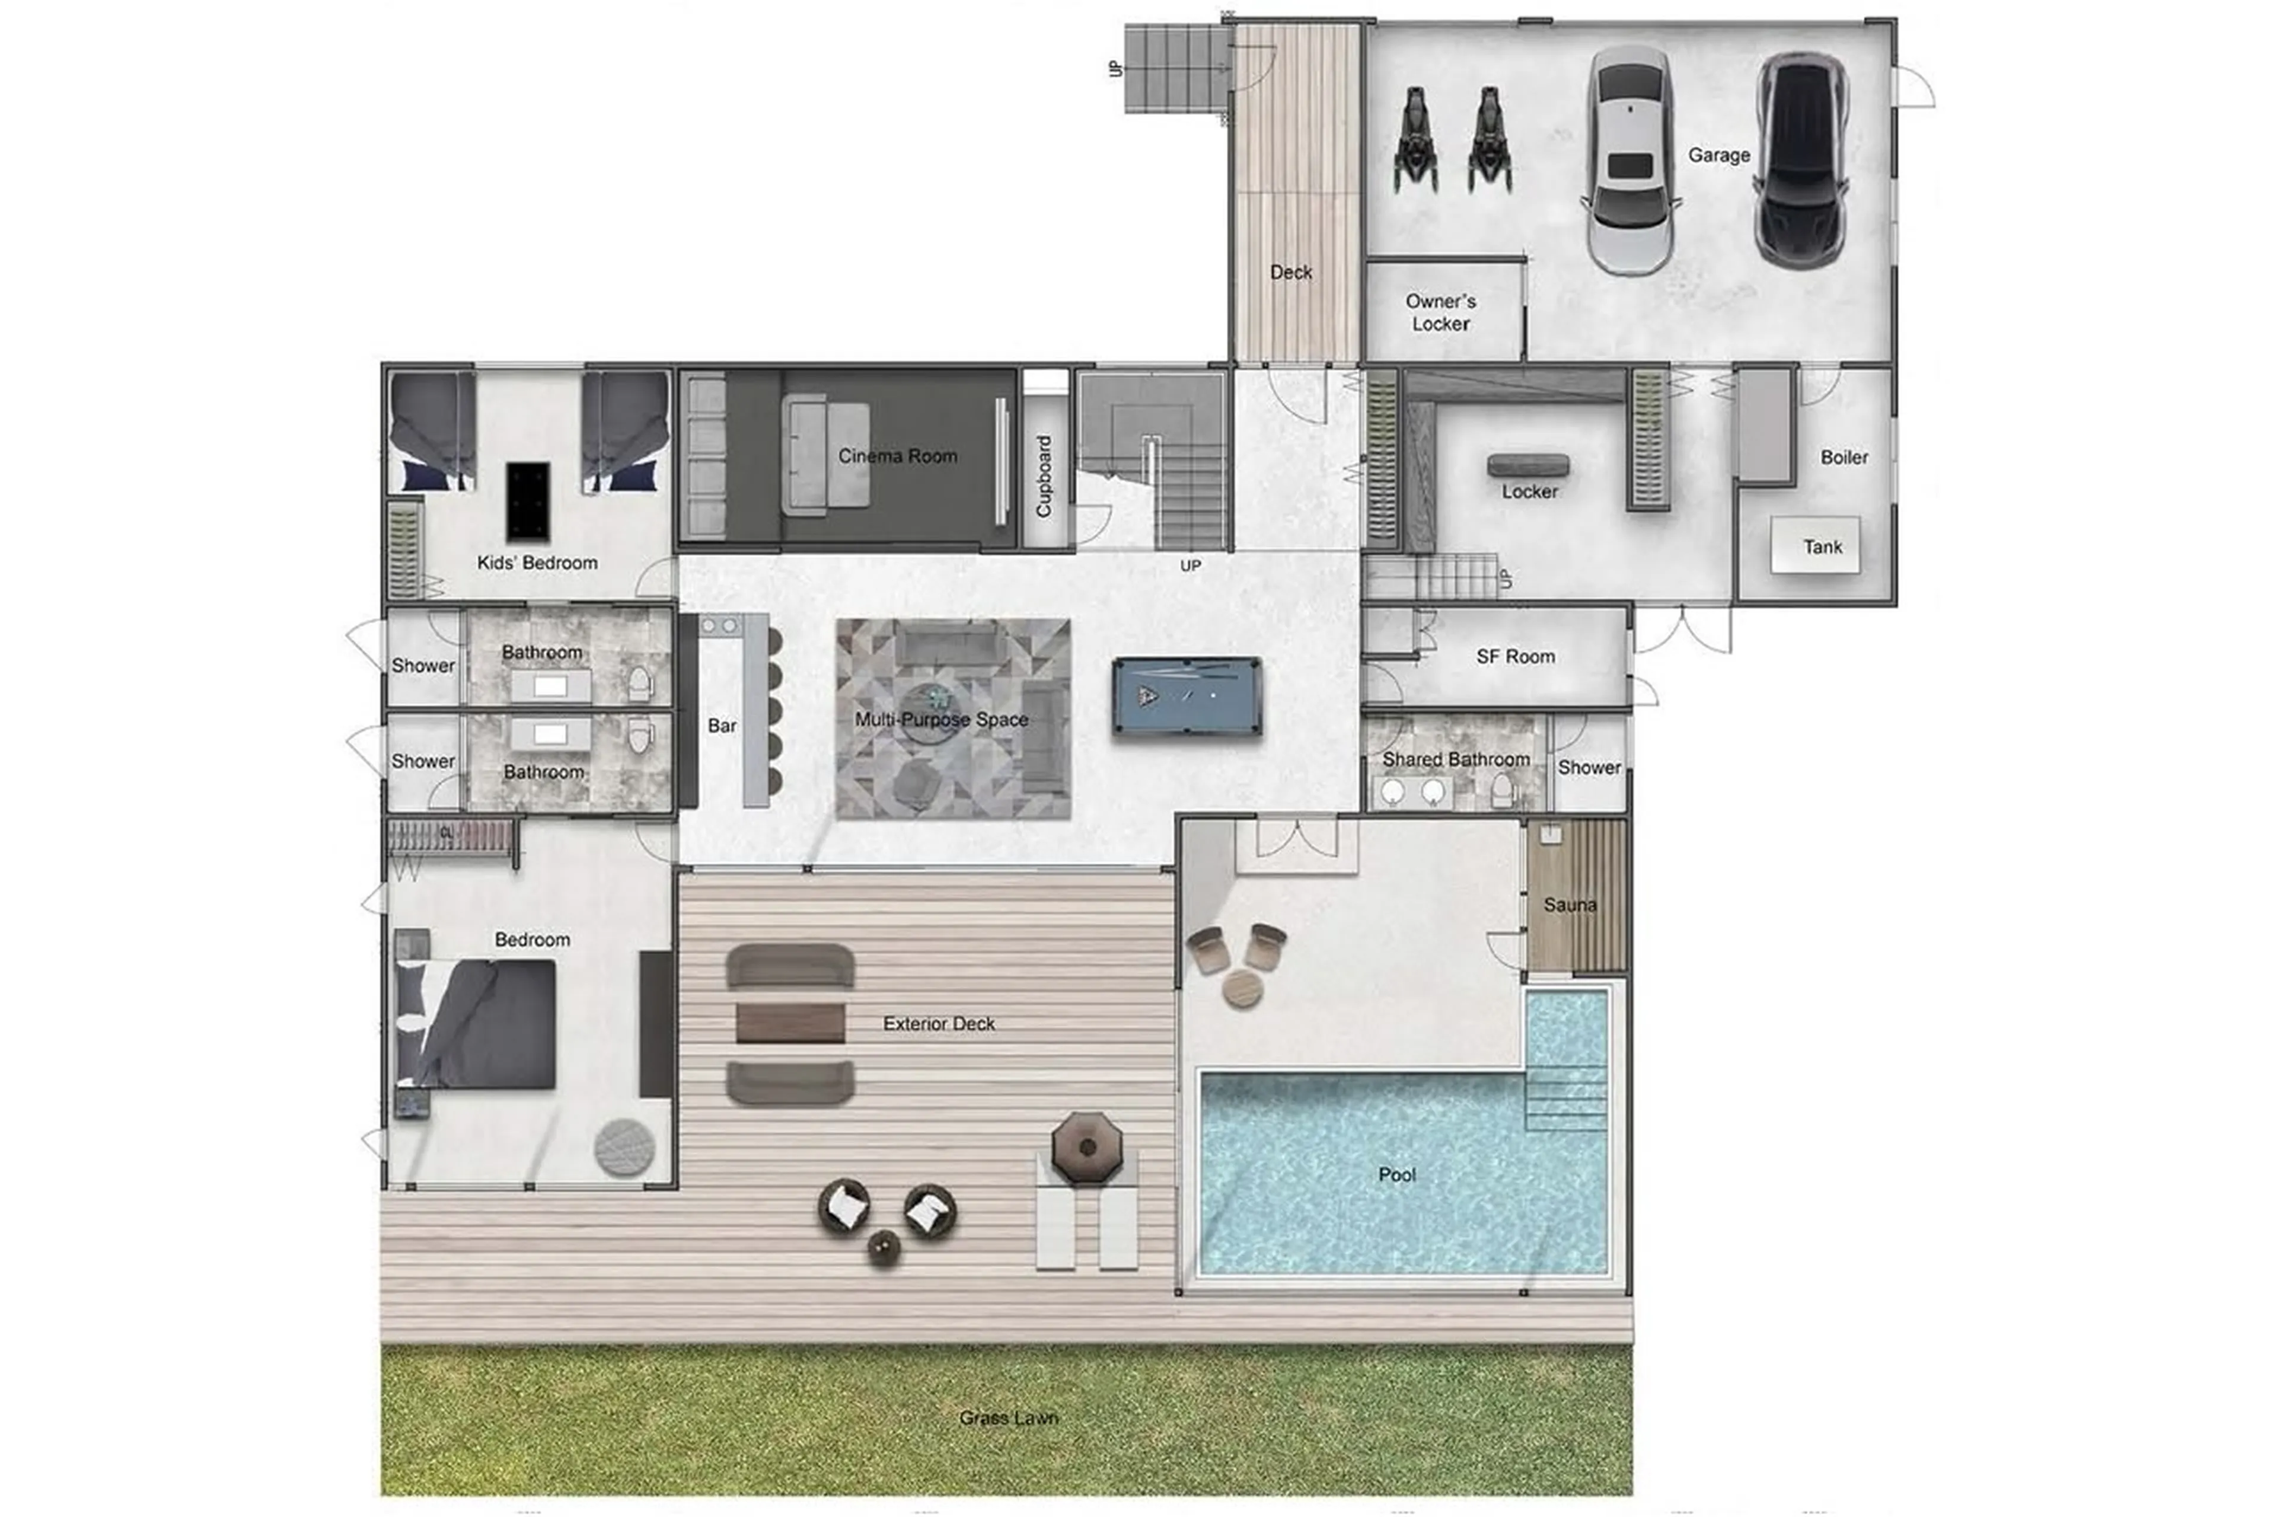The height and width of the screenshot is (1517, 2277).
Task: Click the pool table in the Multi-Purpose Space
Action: tap(1187, 695)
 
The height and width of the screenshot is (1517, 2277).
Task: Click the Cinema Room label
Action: tap(897, 456)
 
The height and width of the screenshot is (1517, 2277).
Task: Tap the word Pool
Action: tap(1396, 1174)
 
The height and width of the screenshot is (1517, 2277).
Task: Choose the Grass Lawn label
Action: tap(1009, 1417)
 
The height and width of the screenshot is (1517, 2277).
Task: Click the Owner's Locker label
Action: tap(1440, 312)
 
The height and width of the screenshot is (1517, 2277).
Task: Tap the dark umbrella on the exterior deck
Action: tap(1087, 1148)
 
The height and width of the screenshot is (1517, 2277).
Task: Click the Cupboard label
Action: tap(1043, 476)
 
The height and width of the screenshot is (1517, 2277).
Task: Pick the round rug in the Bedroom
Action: tap(623, 1148)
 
